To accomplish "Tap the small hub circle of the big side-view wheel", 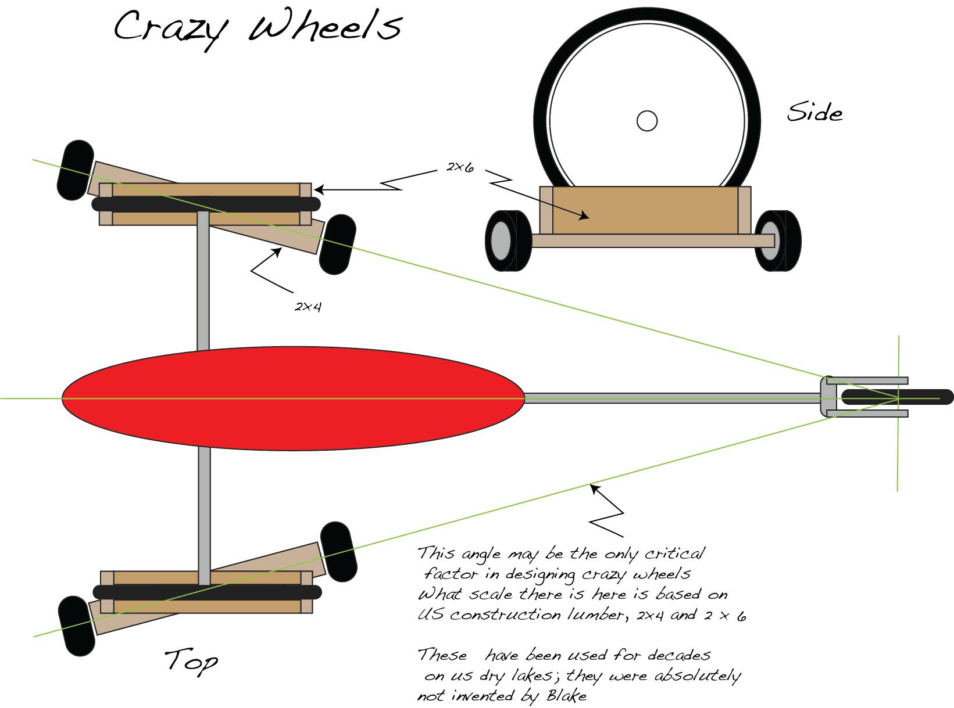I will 646,121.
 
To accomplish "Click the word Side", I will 814,112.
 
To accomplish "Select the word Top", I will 191,661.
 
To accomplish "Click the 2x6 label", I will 460,167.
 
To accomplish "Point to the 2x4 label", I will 308,306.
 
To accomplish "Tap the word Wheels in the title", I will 326,26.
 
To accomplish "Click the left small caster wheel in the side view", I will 508,240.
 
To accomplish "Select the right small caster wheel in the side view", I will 777,240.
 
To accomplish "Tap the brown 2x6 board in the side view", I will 645,210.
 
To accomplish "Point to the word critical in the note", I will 674,553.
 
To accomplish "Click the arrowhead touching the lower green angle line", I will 595,488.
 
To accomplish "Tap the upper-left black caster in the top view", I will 75,170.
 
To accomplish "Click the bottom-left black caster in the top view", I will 77,626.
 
